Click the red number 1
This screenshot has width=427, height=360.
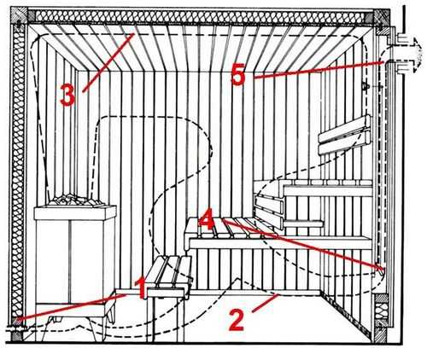point(142,288)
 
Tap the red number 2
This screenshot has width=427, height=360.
point(237,321)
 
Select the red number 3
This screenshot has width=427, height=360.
point(67,96)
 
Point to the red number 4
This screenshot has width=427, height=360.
point(207,219)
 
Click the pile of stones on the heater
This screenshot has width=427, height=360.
point(74,200)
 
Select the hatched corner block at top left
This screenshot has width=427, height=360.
point(19,15)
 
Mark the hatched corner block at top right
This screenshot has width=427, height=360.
point(382,18)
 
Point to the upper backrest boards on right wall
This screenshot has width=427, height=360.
point(345,135)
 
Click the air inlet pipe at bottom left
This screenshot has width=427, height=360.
point(16,328)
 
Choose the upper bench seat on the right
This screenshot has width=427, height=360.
point(327,187)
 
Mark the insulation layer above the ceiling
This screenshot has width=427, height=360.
point(201,16)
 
